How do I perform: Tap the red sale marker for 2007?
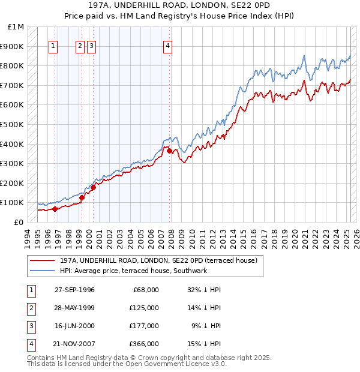(x=170, y=151)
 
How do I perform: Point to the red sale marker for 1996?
(x=55, y=209)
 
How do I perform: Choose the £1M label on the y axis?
(x=16, y=27)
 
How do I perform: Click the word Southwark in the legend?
(x=191, y=271)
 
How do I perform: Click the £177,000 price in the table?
(x=145, y=326)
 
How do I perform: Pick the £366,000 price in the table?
(x=145, y=344)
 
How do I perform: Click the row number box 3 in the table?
(x=30, y=326)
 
